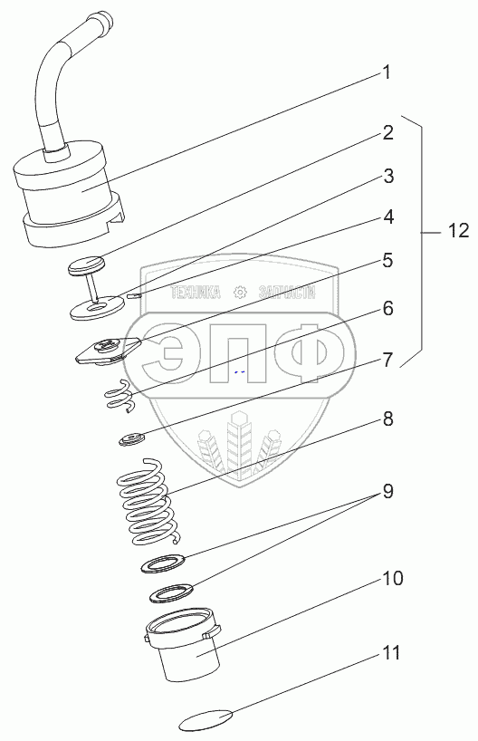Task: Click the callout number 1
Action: point(387,72)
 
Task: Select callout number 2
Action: point(387,133)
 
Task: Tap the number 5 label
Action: point(387,260)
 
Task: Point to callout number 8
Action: point(387,419)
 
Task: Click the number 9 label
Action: point(387,492)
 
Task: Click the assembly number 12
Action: point(458,231)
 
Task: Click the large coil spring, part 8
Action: point(148,503)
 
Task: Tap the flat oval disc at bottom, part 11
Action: point(206,720)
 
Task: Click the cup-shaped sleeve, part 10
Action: point(182,645)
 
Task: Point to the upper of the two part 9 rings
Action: point(163,563)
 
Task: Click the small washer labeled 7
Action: point(131,439)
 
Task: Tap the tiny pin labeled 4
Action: point(133,296)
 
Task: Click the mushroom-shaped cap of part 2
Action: point(86,265)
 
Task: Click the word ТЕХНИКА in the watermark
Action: point(195,293)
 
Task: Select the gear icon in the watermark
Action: point(241,293)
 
